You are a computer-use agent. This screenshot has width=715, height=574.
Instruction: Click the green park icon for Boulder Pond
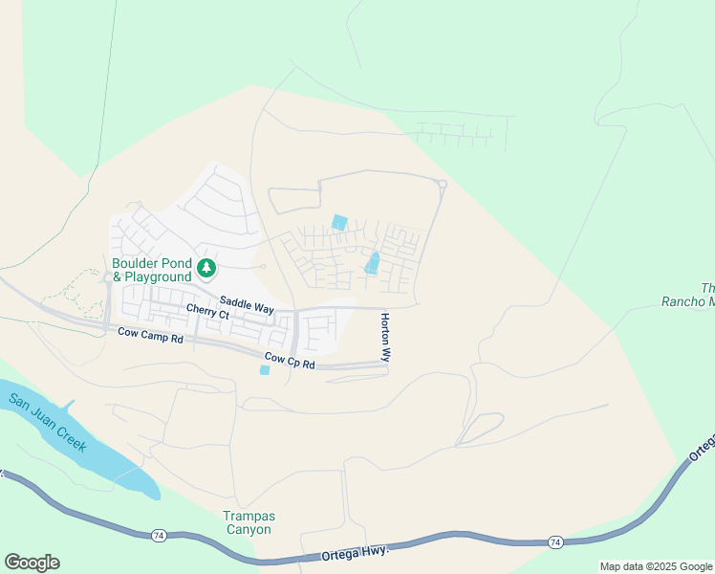point(206,267)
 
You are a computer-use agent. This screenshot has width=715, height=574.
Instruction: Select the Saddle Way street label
point(247,305)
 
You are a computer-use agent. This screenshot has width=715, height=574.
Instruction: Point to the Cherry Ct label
point(207,312)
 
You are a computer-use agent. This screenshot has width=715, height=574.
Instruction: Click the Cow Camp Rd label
point(150,335)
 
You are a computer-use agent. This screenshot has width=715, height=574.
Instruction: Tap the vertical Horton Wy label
point(385,337)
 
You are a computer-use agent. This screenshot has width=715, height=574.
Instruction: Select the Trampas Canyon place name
point(248,522)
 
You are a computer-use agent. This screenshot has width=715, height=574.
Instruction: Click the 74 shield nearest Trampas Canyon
point(157,535)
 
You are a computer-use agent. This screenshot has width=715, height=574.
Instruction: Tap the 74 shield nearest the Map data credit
point(555,542)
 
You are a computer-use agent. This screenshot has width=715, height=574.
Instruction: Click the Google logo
point(32,563)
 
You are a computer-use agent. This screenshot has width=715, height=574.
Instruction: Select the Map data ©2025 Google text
point(656,566)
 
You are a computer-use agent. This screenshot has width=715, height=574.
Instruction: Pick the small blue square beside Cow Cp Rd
point(265,370)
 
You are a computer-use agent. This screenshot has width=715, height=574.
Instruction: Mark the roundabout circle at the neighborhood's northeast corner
point(442,185)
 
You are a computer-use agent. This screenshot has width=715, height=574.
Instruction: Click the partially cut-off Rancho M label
point(688,295)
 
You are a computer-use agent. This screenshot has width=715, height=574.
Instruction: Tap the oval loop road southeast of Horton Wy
point(480,428)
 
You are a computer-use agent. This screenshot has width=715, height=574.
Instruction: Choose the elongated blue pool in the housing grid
point(373,262)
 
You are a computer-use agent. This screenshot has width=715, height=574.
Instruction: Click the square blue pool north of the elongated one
point(338,222)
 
